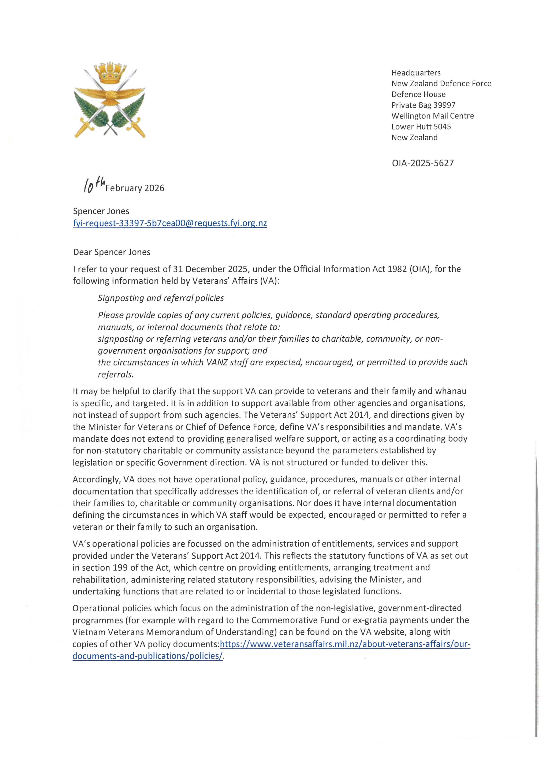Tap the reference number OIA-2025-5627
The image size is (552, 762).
click(423, 163)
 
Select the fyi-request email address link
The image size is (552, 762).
click(170, 224)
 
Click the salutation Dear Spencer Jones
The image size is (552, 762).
click(112, 252)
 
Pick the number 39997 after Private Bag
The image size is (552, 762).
click(444, 105)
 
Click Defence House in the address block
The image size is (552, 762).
click(418, 94)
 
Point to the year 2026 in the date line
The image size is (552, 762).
click(154, 188)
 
